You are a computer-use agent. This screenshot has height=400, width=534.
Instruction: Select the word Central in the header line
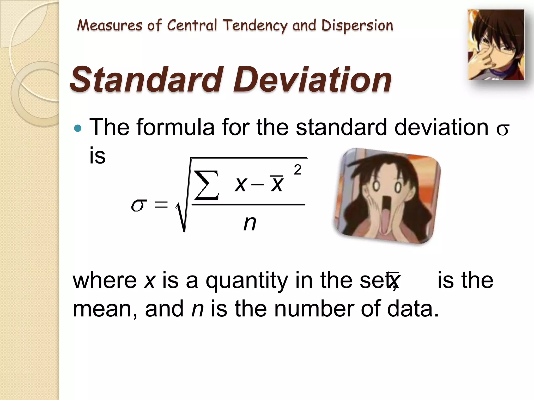(x=192, y=26)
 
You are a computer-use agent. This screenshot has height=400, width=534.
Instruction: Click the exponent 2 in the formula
(x=297, y=170)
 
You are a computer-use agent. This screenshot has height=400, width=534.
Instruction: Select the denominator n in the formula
(x=250, y=223)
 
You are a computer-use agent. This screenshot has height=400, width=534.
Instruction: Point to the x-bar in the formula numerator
(x=277, y=184)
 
